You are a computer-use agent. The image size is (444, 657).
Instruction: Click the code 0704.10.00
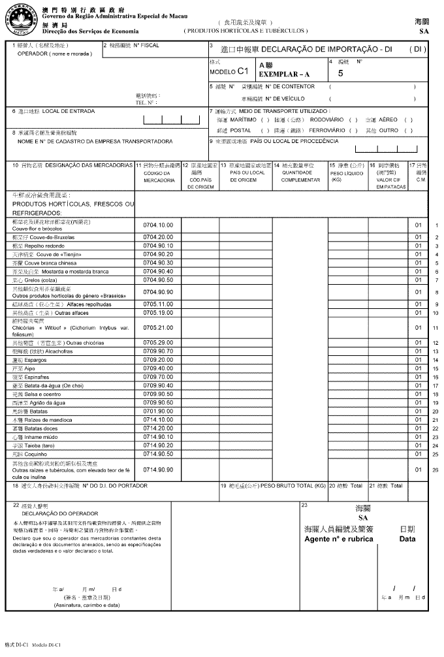[x=158, y=225]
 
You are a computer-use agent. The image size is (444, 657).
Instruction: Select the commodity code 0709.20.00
[x=158, y=360]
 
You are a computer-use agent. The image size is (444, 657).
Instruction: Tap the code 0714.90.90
[x=158, y=469]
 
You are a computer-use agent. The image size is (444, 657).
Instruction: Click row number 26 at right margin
[x=436, y=469]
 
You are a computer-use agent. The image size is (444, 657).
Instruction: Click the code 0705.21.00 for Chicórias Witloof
[x=158, y=327]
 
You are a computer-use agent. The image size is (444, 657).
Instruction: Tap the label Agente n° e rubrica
[x=339, y=539]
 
